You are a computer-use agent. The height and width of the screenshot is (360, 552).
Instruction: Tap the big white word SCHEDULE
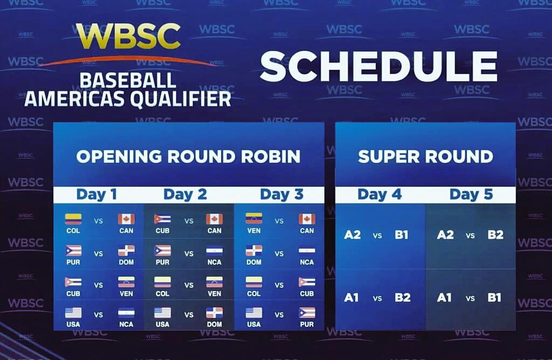click(x=379, y=67)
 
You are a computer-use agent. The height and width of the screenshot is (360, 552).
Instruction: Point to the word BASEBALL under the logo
click(x=128, y=81)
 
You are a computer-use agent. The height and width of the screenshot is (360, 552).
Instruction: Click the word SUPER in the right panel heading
click(x=388, y=157)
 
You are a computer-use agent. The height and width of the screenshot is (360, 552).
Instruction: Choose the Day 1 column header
click(x=96, y=194)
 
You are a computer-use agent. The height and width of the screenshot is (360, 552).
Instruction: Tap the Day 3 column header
click(x=281, y=194)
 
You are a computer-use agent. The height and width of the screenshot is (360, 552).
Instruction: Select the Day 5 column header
click(x=471, y=194)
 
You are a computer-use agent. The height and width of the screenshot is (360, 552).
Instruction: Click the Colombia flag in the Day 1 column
click(x=73, y=219)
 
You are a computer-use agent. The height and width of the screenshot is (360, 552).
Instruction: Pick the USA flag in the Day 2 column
click(x=163, y=313)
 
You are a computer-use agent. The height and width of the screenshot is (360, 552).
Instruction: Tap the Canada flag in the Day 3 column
click(x=307, y=219)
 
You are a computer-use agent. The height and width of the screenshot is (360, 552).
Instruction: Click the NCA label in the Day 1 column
click(x=126, y=324)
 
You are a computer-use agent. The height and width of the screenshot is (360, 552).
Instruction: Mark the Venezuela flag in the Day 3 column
click(x=254, y=219)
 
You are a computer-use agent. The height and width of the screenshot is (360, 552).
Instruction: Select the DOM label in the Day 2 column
click(x=215, y=324)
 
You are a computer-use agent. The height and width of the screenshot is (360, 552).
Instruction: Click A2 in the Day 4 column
click(x=353, y=235)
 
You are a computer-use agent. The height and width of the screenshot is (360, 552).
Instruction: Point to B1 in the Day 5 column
click(x=494, y=297)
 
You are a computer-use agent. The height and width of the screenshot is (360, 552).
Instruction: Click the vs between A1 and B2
click(x=377, y=299)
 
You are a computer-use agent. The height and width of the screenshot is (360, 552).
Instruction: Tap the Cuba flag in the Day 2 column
click(x=163, y=219)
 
